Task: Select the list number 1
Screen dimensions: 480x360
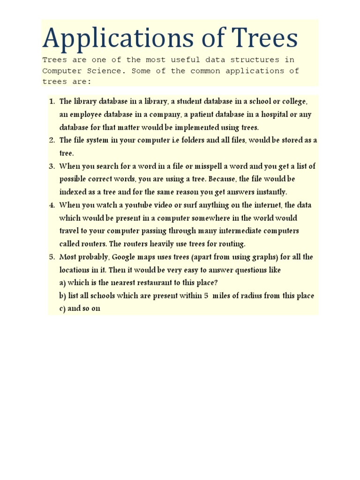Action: point(52,102)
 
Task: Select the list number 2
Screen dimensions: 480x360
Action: point(52,140)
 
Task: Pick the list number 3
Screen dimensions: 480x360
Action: point(52,166)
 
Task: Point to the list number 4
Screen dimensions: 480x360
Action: point(52,205)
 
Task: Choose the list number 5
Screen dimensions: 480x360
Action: point(52,257)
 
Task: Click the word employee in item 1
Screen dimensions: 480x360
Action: point(85,115)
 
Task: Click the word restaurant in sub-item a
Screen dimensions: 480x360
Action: point(143,283)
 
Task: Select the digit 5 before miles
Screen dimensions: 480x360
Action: point(206,296)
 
